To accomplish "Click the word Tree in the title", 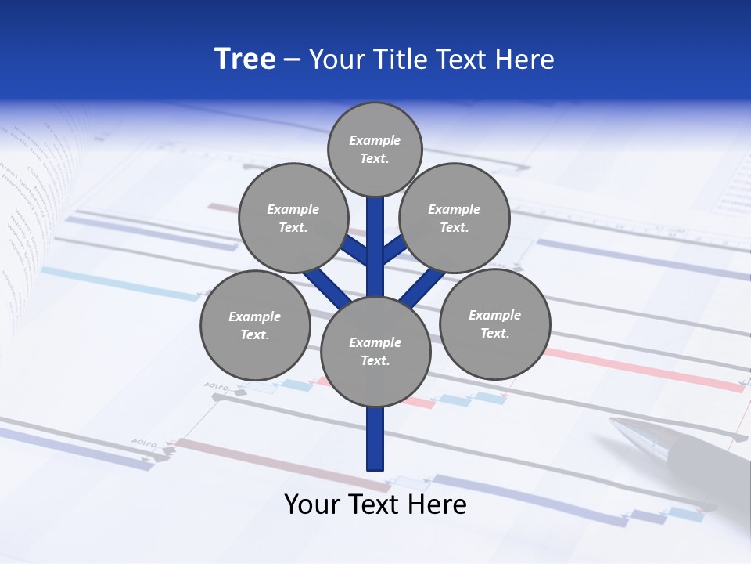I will pyautogui.click(x=245, y=60).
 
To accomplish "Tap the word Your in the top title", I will pyautogui.click(x=334, y=60).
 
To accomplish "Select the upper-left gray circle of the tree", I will pyautogui.click(x=293, y=219).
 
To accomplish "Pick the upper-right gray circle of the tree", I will pyautogui.click(x=455, y=219).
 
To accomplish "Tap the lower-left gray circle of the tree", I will pyautogui.click(x=255, y=326).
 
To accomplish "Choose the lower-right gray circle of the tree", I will pyautogui.click(x=495, y=324).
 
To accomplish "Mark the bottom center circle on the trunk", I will pyautogui.click(x=375, y=352).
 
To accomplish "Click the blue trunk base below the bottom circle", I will pyautogui.click(x=375, y=439).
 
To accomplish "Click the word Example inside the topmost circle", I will pyautogui.click(x=375, y=141).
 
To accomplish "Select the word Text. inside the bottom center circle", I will pyautogui.click(x=375, y=361).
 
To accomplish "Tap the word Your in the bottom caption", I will pyautogui.click(x=311, y=504).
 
